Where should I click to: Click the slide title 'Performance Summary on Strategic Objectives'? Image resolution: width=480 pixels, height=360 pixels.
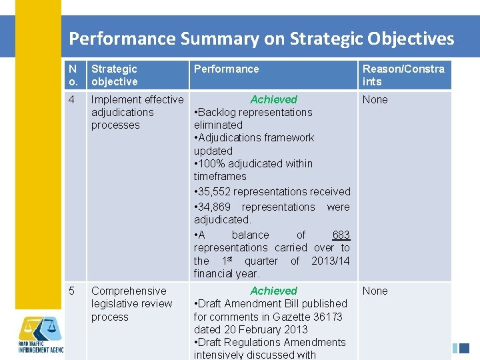[x=261, y=39]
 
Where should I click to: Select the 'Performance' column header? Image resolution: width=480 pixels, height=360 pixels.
[x=226, y=69]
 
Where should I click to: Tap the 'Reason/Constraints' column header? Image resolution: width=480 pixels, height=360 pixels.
[x=403, y=75]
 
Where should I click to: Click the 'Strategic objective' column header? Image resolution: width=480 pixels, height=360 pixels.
[x=115, y=75]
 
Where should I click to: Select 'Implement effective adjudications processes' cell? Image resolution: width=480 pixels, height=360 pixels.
[x=137, y=112]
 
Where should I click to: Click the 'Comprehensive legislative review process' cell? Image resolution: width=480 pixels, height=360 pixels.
[x=131, y=304]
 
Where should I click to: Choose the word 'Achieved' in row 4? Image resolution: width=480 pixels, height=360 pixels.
[x=273, y=99]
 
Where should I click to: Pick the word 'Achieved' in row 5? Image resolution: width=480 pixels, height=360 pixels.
[x=273, y=291]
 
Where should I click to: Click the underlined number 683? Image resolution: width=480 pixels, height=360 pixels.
[x=341, y=235]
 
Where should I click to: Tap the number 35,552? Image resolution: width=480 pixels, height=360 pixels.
[x=219, y=192]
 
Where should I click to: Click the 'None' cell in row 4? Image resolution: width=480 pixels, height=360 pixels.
[x=375, y=100]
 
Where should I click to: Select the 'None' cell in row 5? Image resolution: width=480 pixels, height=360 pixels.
[x=375, y=291]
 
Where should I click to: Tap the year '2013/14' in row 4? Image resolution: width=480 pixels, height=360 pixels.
[x=330, y=261]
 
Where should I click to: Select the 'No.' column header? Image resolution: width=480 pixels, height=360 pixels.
[x=73, y=75]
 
